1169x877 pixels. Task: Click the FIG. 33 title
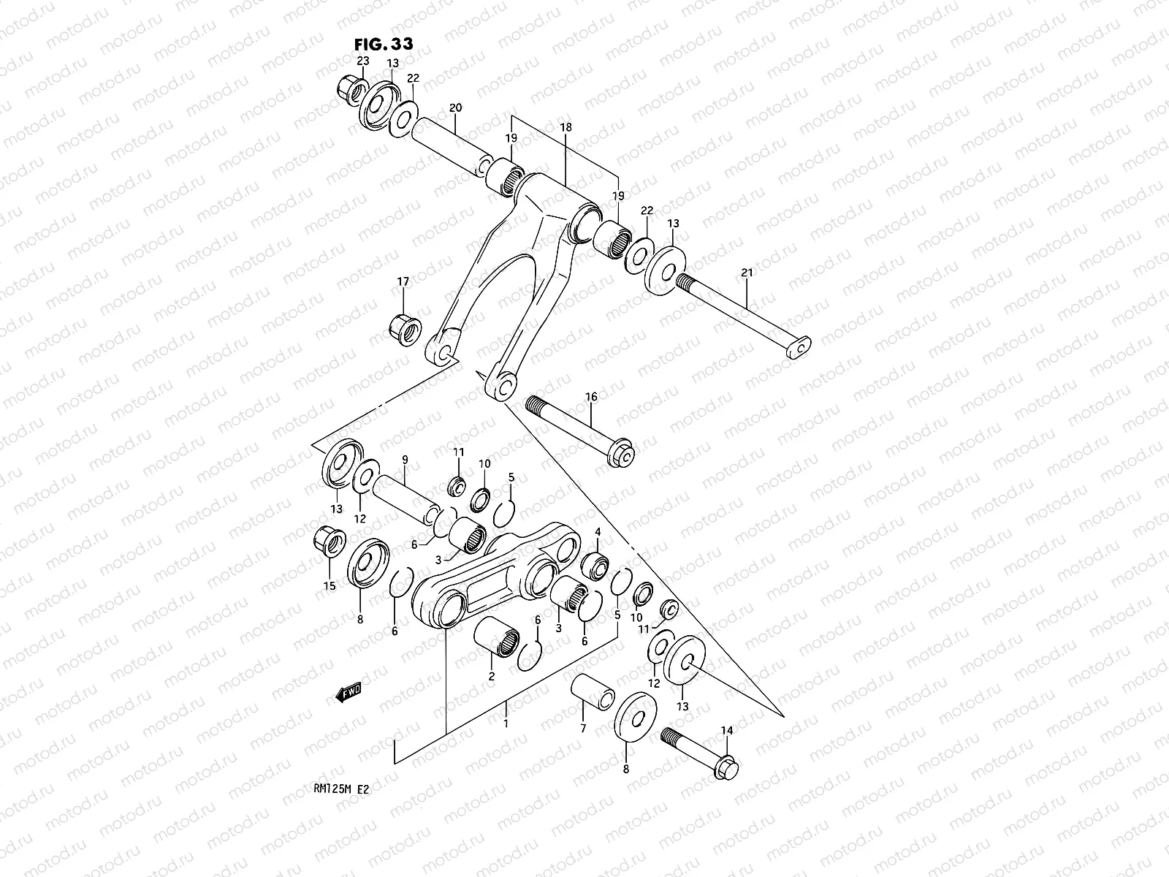coord(384,44)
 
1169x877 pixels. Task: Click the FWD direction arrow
coord(350,693)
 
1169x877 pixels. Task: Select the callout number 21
coord(746,273)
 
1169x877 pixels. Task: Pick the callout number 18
coord(566,128)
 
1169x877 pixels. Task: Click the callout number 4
coord(598,531)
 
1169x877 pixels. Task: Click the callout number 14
coord(726,730)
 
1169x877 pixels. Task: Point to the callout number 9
coord(403,460)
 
